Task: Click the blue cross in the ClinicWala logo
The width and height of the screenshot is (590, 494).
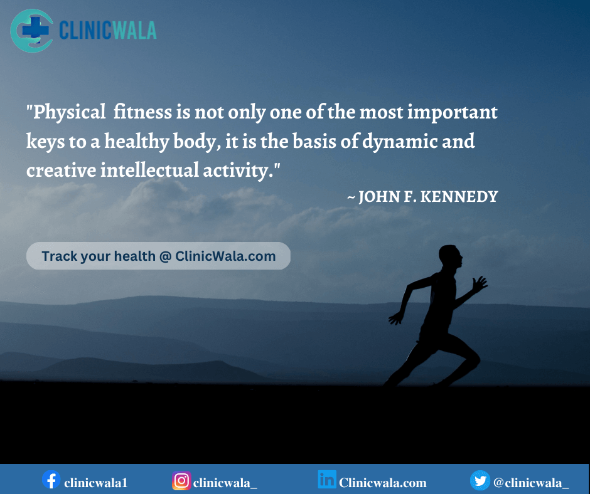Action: [x=36, y=28]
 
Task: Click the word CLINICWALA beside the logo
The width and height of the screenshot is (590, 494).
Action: [x=107, y=31]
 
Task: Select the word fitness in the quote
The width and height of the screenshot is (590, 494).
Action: [x=142, y=112]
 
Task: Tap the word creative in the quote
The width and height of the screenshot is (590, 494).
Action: [x=61, y=171]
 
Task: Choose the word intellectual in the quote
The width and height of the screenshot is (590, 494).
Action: [x=149, y=170]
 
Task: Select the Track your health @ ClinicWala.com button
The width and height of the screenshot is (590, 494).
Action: [x=158, y=256]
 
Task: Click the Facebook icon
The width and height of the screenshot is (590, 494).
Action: [x=51, y=480]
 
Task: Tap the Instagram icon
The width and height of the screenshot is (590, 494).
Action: [x=181, y=480]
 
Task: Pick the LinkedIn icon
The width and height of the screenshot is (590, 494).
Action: [x=326, y=480]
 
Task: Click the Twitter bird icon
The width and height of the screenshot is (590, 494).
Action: [x=480, y=480]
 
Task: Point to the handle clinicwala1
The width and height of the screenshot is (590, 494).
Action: [x=96, y=483]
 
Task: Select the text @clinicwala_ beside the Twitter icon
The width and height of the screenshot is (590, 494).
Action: [x=531, y=483]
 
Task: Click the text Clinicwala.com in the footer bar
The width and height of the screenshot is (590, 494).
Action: [x=383, y=483]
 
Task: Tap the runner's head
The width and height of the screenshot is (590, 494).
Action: [x=450, y=256]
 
